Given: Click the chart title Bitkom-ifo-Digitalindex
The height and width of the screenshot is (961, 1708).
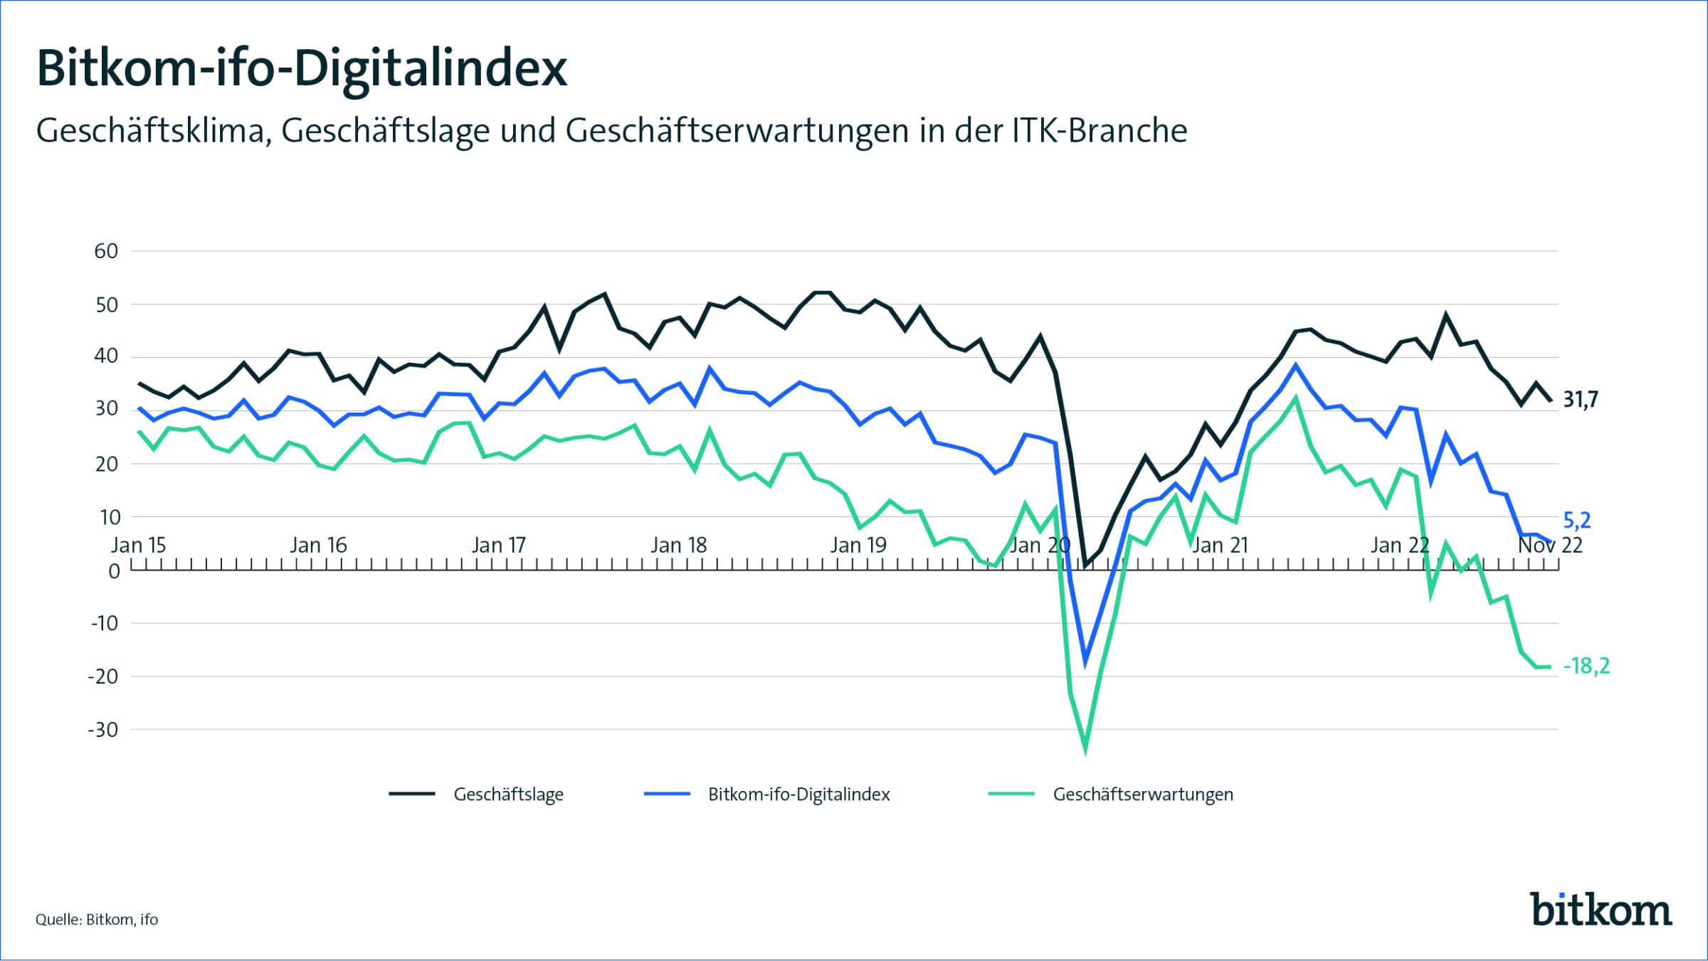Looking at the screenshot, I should point(302,69).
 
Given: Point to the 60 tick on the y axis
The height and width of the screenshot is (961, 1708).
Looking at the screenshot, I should point(106,251).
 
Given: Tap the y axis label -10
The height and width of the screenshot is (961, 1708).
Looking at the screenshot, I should point(104,624).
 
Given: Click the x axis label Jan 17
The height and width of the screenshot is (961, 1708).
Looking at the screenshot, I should point(498,546).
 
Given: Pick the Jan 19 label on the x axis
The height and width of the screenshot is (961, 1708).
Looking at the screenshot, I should point(858,546).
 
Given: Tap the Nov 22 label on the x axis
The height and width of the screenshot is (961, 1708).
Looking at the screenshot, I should point(1550,546).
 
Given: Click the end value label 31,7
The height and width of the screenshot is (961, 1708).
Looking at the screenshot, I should point(1581,400).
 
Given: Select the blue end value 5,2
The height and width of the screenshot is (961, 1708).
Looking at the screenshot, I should point(1577,521).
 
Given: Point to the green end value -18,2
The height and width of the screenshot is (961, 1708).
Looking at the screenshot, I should point(1586,667).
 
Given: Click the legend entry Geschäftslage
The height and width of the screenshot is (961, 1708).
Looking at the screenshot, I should point(508,795).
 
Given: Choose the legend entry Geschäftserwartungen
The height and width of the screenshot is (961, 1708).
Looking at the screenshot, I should point(1143,795).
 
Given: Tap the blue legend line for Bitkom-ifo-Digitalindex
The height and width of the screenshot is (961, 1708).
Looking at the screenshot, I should point(667,794).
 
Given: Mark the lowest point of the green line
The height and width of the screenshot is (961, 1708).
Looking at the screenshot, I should point(1085,748).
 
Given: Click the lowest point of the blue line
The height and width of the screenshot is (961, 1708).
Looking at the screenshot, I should point(1085,662).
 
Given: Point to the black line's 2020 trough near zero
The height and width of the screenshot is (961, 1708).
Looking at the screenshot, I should point(1085,566).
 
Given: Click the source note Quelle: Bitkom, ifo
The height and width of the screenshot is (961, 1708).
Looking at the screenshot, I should point(97,920).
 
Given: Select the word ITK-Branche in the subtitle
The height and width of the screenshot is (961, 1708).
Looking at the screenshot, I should point(1100,131).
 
